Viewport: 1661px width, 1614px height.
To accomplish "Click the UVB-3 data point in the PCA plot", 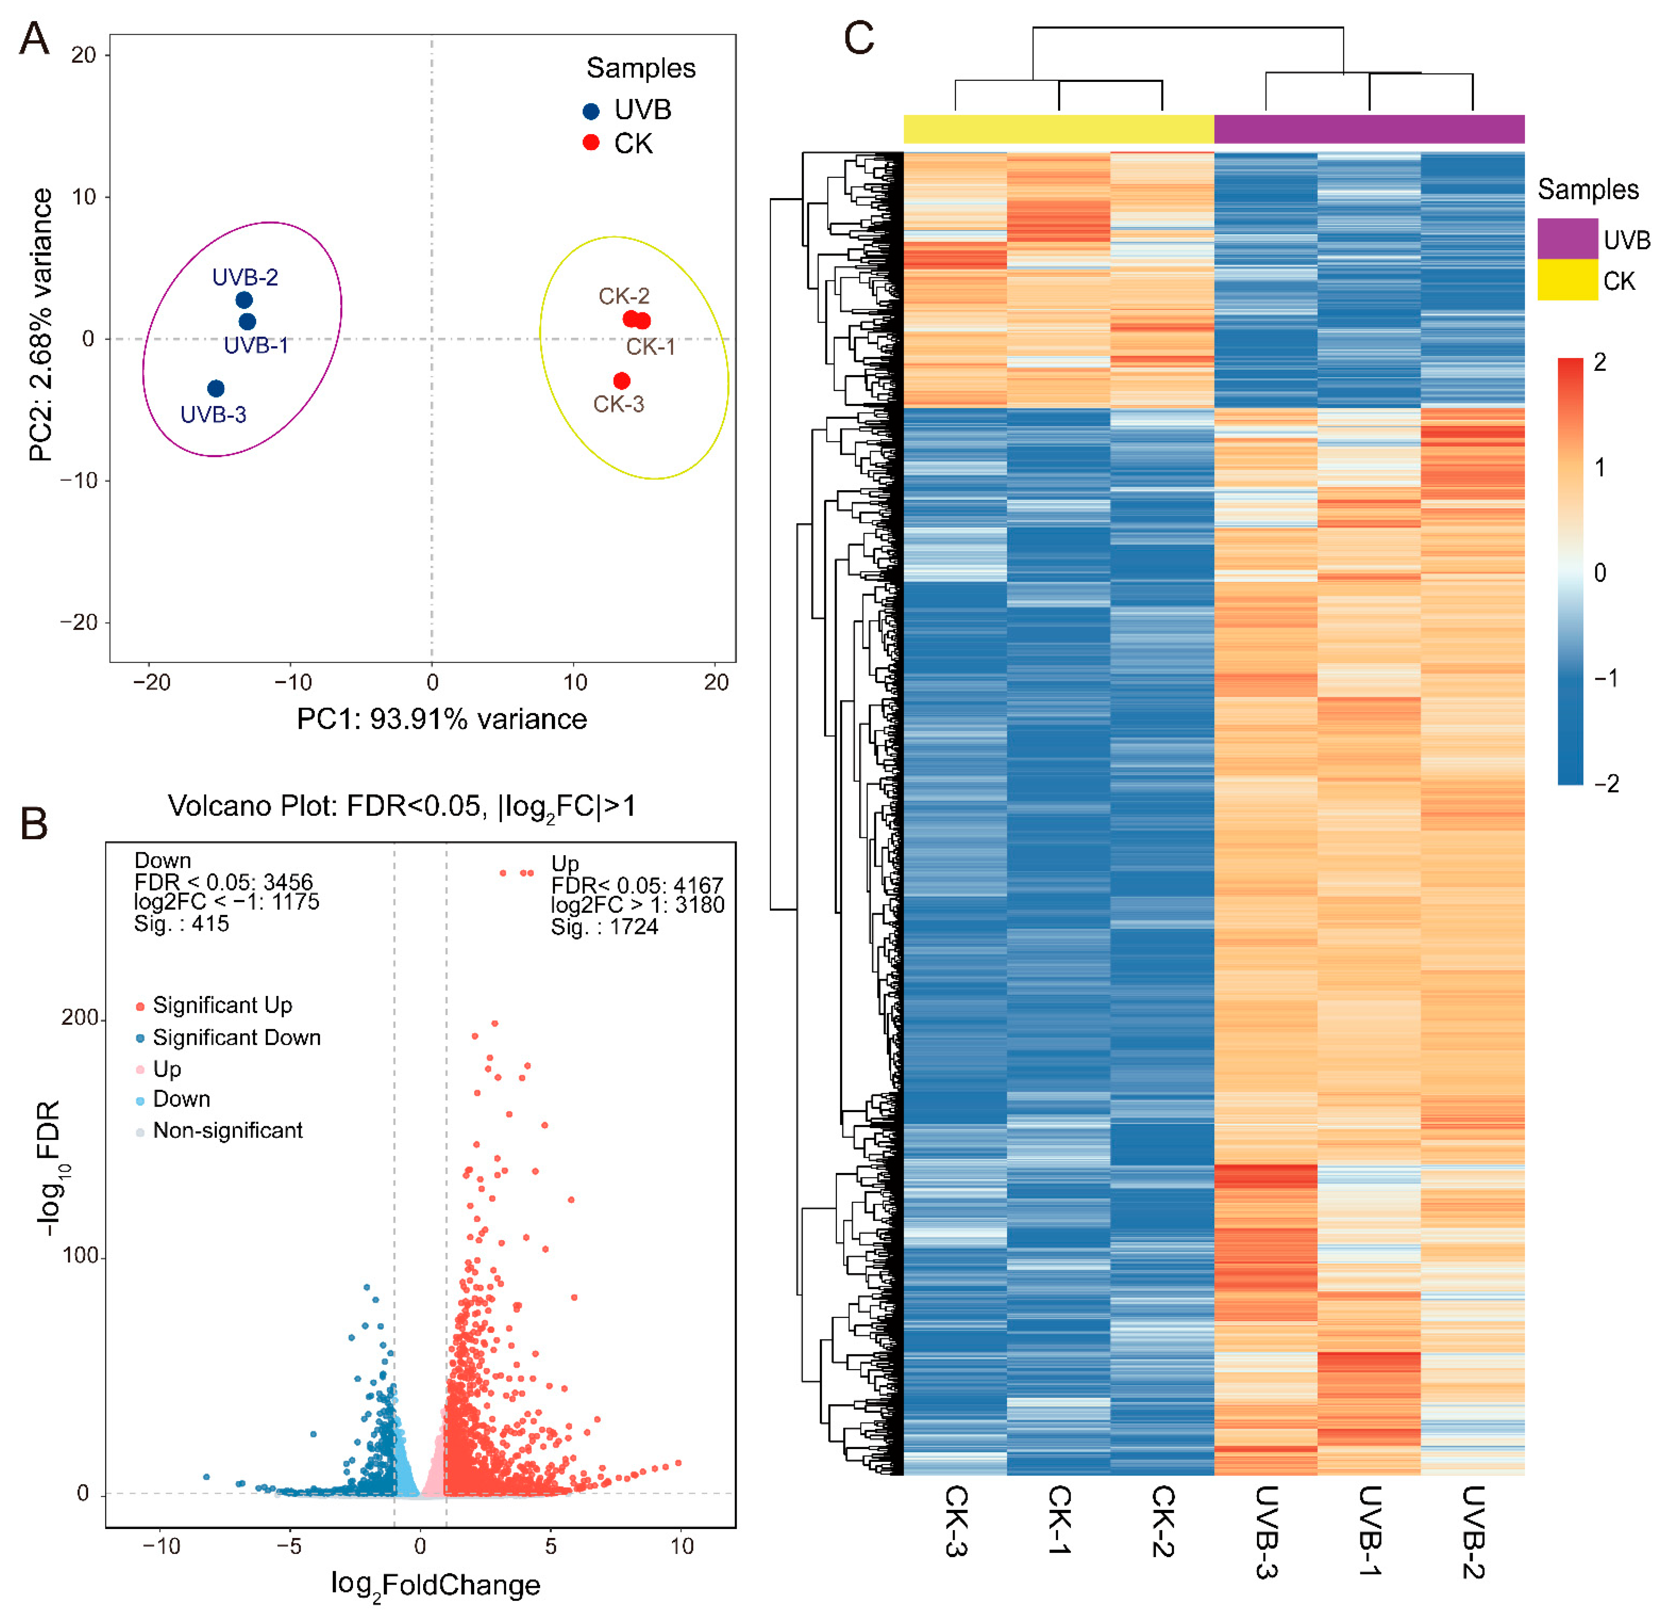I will [216, 388].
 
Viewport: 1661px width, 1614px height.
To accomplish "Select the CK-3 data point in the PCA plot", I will [622, 381].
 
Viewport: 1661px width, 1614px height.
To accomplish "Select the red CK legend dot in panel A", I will [591, 142].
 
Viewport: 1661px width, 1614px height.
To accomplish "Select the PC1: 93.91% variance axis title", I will [442, 719].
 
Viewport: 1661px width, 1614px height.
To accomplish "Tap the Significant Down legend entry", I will [237, 1038].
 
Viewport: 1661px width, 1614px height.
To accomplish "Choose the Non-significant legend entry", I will [227, 1130].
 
